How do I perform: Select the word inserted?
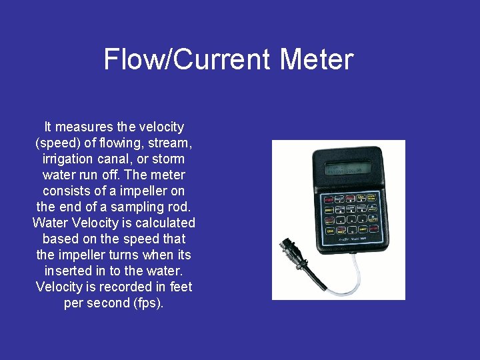[67, 271]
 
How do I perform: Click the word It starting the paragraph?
[47, 127]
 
